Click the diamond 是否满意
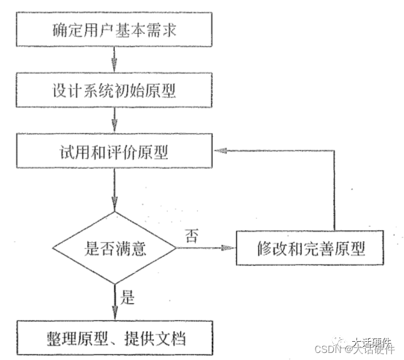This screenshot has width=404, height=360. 114,248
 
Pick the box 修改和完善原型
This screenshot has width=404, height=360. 311,248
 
